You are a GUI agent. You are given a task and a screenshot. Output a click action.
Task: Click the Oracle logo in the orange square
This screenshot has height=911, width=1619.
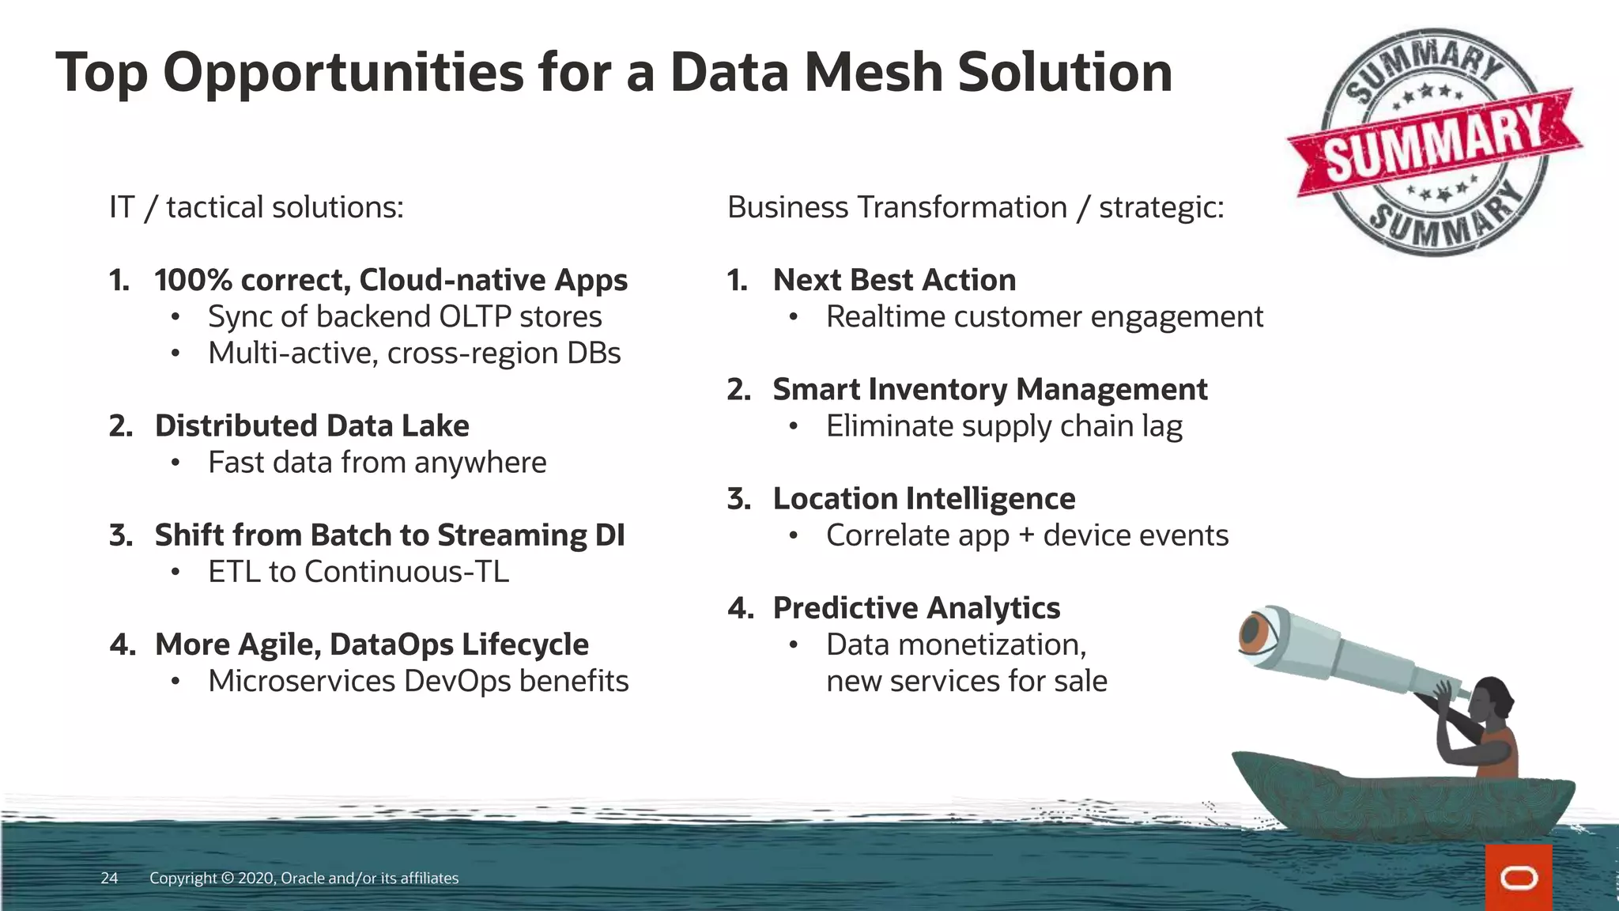(x=1519, y=878)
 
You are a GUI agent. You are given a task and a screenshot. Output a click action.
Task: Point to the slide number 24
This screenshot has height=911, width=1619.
(x=109, y=878)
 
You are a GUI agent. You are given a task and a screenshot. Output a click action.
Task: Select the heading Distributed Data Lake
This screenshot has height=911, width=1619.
(x=311, y=425)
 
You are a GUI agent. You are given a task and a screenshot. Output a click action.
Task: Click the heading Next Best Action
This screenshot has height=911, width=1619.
(x=894, y=280)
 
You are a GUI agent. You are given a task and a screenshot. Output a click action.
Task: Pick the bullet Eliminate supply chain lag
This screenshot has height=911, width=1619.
(x=1004, y=426)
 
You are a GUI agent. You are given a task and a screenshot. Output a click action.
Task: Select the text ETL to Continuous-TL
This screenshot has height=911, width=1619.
(x=358, y=572)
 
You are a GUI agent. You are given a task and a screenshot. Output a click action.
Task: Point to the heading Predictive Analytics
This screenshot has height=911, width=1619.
(x=916, y=608)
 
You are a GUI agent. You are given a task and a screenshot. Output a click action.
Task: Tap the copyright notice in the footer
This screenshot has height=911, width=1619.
(x=304, y=878)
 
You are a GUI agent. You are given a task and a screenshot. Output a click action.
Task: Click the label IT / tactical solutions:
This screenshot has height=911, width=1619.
(x=256, y=207)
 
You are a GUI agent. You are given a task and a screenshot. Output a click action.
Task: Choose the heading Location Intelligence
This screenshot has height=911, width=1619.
(x=923, y=499)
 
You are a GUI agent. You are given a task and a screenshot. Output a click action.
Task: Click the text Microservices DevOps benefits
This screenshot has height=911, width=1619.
(x=418, y=681)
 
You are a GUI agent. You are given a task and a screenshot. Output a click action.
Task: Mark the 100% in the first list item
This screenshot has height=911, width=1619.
(x=192, y=280)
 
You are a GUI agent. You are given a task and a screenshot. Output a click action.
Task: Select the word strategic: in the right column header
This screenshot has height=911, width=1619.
(x=1161, y=207)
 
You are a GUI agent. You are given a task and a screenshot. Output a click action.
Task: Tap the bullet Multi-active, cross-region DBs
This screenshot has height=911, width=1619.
(x=414, y=353)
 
